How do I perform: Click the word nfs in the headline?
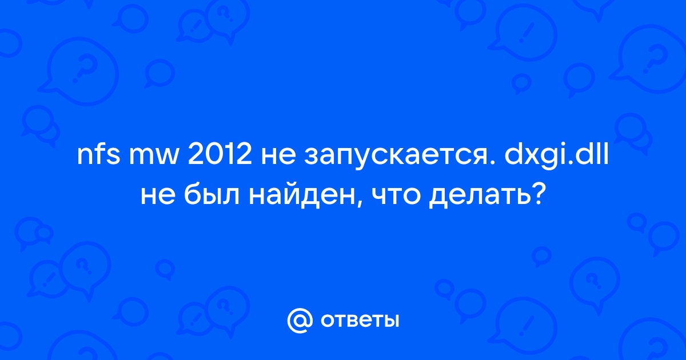click(x=98, y=155)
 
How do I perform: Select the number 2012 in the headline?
click(x=220, y=155)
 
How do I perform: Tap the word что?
click(x=396, y=197)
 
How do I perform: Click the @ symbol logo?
click(x=300, y=321)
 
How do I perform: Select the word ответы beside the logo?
click(x=360, y=321)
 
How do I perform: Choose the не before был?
click(x=158, y=197)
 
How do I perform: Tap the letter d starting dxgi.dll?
click(x=513, y=155)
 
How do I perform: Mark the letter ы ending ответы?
click(x=391, y=321)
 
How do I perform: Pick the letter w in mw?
click(x=166, y=158)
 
